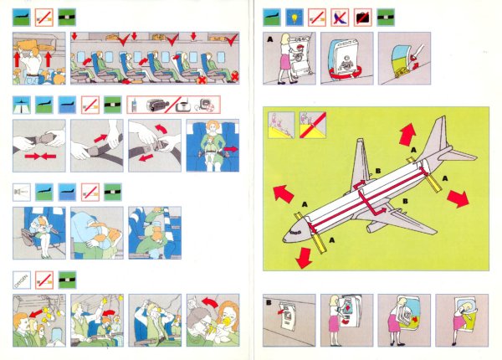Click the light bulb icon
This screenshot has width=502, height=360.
[x=295, y=18]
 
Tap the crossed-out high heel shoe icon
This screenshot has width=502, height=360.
[x=340, y=18]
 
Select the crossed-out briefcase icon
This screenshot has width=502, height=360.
[x=363, y=18]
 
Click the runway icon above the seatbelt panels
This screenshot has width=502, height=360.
[x=22, y=105]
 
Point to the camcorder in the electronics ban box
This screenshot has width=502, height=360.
[x=158, y=105]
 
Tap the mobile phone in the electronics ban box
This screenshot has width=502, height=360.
[x=135, y=105]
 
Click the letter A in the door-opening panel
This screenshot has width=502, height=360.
[x=270, y=39]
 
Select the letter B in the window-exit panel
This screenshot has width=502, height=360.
[x=269, y=302]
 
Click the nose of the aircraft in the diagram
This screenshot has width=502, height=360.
[x=285, y=239]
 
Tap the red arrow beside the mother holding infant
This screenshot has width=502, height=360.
[x=231, y=149]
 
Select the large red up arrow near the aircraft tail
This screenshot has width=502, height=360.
[x=407, y=135]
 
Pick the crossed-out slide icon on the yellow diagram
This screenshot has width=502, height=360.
[x=313, y=125]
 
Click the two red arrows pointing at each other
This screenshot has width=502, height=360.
[x=40, y=157]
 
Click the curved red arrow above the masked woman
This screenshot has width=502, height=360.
[x=210, y=301]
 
